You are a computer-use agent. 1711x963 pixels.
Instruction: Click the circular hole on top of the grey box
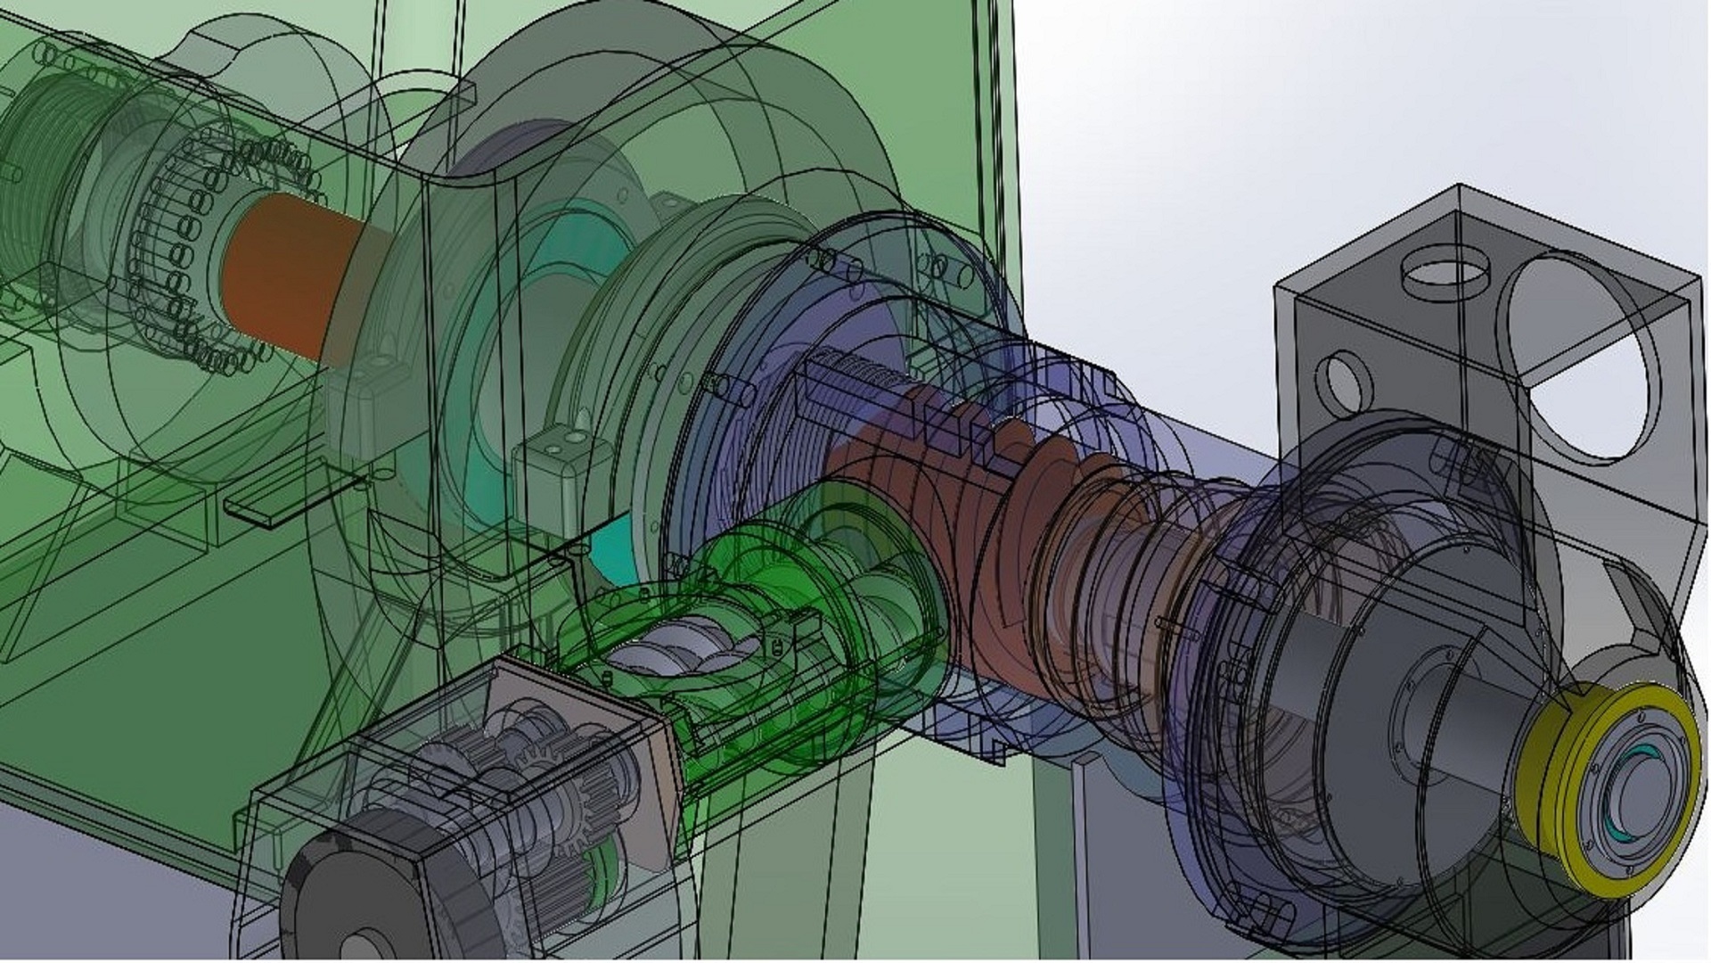1445,269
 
